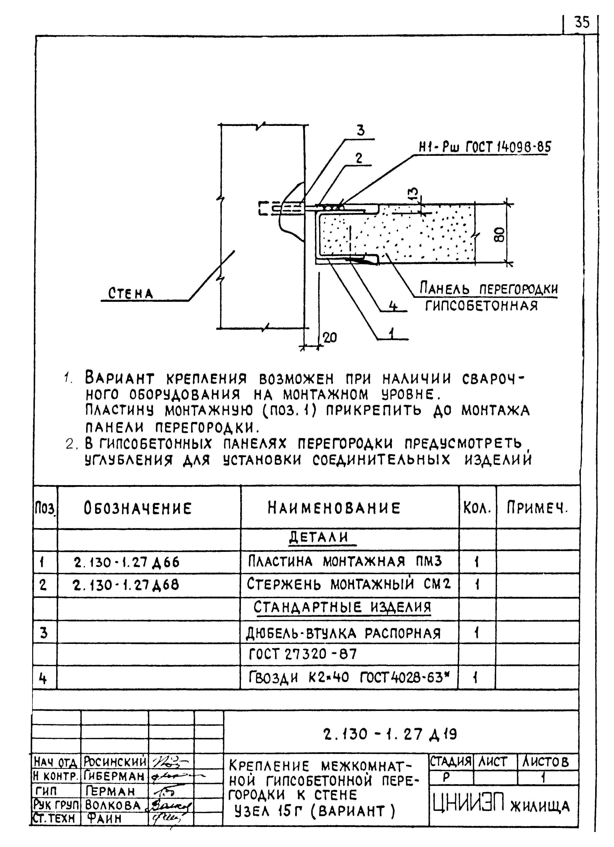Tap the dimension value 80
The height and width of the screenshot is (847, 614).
tap(500, 234)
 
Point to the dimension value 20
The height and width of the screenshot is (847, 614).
tap(330, 338)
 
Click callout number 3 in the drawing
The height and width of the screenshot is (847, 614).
tap(361, 131)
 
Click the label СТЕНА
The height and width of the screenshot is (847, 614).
tap(130, 294)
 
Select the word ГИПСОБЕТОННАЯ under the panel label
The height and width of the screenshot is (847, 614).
tap(481, 306)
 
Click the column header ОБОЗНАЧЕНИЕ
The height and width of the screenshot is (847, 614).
tap(138, 508)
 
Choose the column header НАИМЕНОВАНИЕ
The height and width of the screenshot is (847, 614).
tap(334, 508)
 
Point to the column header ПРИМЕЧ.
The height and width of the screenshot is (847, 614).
tap(537, 508)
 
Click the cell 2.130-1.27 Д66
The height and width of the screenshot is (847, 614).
tap(127, 562)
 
